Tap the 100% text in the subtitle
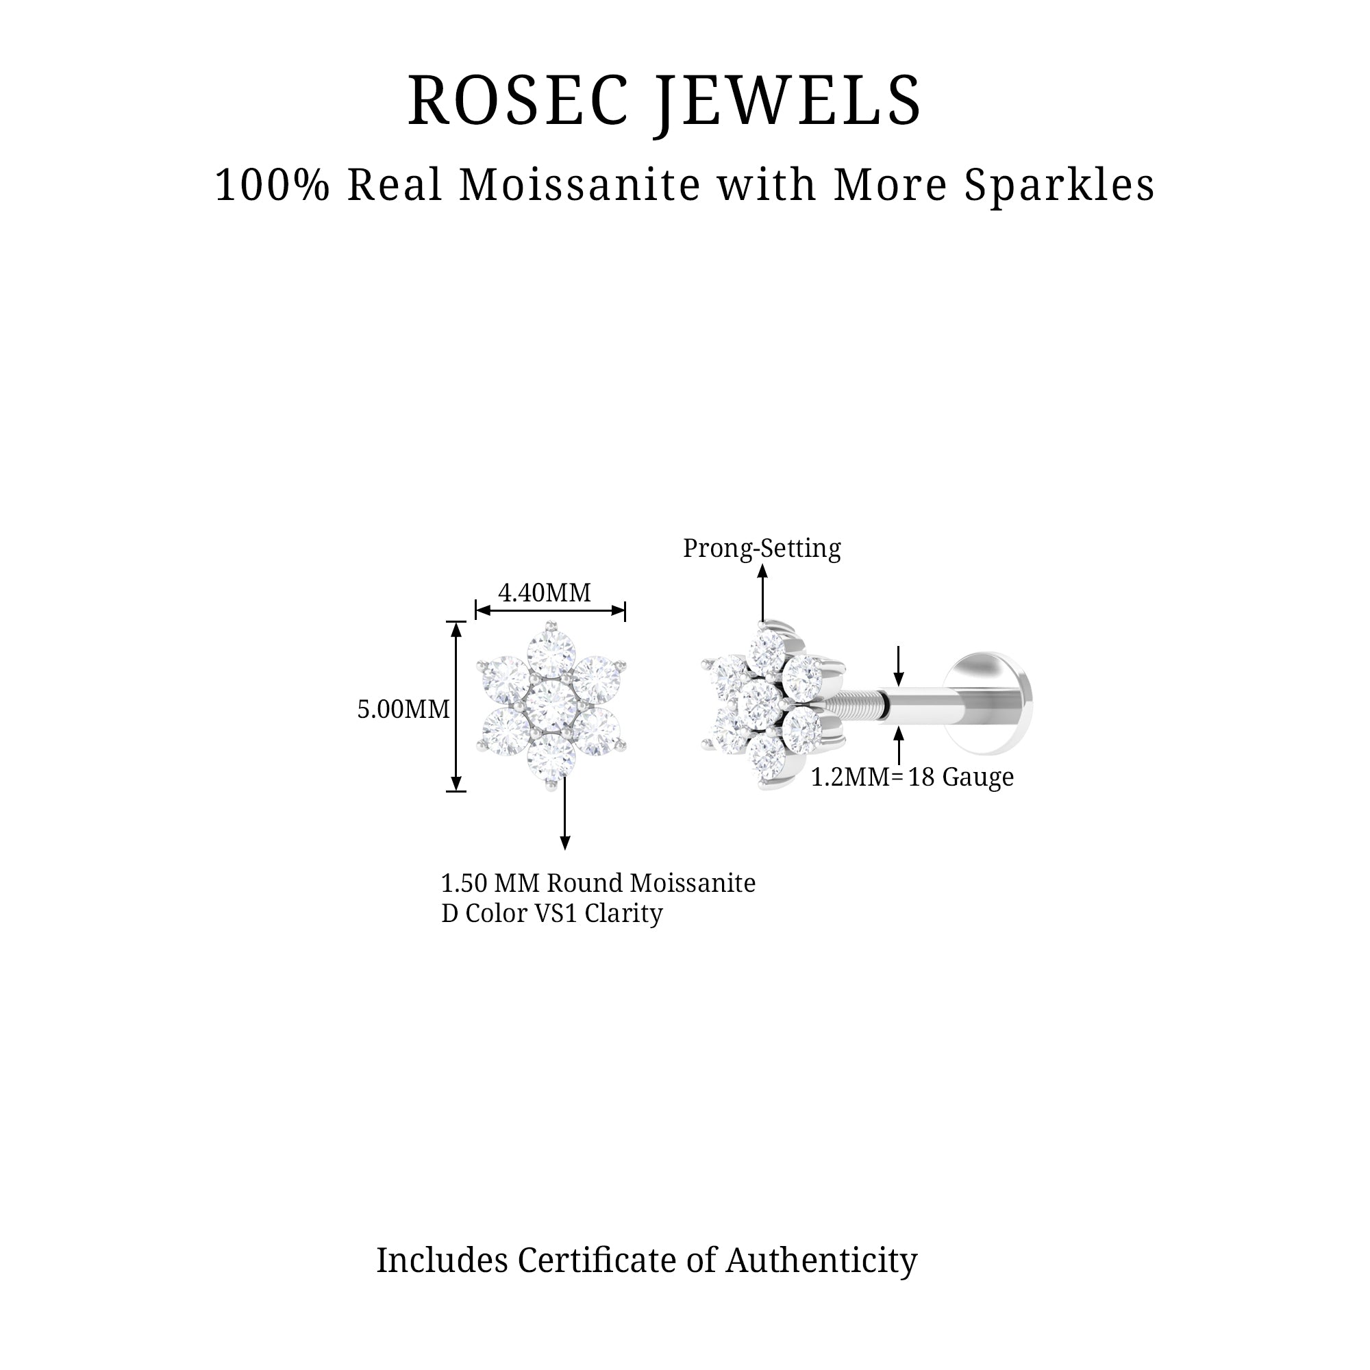273,185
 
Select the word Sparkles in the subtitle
1060,185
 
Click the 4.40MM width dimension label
544,592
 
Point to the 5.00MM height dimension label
403,709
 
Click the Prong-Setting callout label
762,548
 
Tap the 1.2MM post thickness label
850,777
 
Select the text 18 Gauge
961,777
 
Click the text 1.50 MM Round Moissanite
598,883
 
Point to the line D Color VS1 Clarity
551,913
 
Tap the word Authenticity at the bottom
821,1260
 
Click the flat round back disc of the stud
993,703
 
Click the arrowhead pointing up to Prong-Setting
762,571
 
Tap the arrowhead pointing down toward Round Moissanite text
565,843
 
